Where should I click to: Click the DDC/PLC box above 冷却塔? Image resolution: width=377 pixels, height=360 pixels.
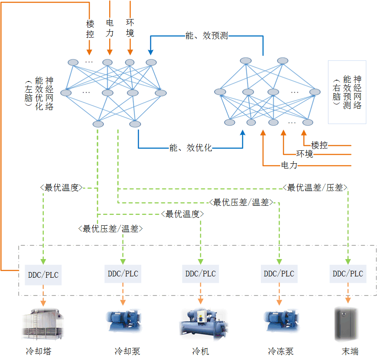coord(43,275)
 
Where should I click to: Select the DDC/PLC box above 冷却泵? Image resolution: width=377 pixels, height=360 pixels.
coord(123,274)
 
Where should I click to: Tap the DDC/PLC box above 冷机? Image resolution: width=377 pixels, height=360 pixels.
coord(200,274)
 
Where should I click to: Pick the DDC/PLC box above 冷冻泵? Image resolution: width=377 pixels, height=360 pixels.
coord(279,274)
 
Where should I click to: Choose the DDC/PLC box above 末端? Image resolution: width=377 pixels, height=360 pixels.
coord(348,274)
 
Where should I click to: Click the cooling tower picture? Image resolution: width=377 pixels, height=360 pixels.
coord(43,324)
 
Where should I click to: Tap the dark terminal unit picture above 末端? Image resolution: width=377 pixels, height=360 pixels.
coord(346,324)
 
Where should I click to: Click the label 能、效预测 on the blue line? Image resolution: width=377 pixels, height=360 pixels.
coord(206,36)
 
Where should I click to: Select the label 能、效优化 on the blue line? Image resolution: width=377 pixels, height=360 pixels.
coord(191,148)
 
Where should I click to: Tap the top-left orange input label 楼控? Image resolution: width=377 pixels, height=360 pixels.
coord(90,28)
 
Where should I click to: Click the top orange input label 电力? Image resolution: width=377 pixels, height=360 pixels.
coord(110,27)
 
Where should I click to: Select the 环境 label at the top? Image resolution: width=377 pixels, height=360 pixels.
coord(130,27)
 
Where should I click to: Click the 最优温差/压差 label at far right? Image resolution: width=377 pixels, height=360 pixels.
coord(315,188)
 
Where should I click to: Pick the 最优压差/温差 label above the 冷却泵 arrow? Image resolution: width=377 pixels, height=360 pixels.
coord(110,228)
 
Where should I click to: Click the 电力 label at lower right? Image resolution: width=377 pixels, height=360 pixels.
coord(289,165)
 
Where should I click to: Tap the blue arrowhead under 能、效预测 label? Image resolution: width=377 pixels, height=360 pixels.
coord(151,52)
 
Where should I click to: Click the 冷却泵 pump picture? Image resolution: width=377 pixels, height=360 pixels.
coord(123,321)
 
